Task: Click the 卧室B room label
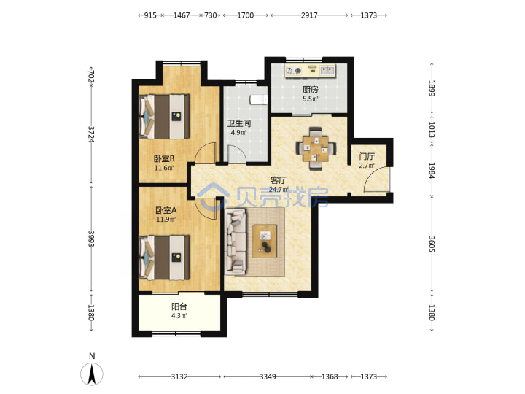[164, 158]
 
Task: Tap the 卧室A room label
[166, 210]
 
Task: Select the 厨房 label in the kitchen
[311, 90]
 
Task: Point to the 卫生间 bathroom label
[239, 123]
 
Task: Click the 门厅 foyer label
[367, 156]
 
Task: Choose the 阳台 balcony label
[179, 306]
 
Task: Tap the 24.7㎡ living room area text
[279, 190]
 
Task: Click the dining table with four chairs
[316, 148]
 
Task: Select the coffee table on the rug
[265, 242]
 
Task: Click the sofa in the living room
[236, 242]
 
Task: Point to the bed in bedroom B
[164, 116]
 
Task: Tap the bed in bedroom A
[164, 258]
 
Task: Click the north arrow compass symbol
[92, 374]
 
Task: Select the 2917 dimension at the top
[309, 15]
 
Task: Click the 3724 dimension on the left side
[91, 134]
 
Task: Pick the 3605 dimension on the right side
[432, 244]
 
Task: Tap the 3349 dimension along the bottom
[268, 377]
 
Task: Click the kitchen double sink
[327, 70]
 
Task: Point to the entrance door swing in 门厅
[377, 179]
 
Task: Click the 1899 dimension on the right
[432, 88]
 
